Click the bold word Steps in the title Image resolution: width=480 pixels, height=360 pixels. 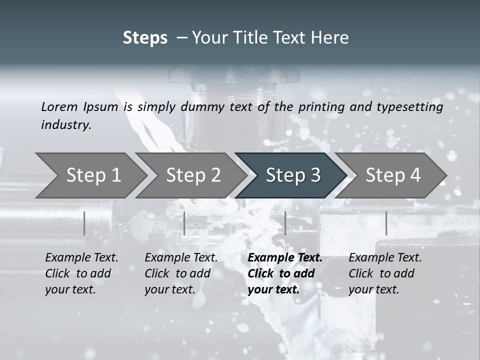tap(145, 38)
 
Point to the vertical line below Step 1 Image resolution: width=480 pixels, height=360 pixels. tap(84, 223)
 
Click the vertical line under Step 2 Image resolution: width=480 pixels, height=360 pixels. tap(184, 223)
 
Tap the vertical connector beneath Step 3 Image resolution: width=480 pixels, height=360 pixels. tap(285, 223)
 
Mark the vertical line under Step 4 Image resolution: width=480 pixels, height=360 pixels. tap(386, 223)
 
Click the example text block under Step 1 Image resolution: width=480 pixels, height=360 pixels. tap(81, 273)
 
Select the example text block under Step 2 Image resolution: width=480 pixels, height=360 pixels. tap(180, 273)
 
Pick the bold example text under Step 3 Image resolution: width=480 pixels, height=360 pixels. tap(284, 273)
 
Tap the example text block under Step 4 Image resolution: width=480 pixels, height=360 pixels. tap(384, 273)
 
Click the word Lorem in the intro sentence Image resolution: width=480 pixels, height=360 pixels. tap(59, 106)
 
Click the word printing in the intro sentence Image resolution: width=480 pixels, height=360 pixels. tap(317, 107)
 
